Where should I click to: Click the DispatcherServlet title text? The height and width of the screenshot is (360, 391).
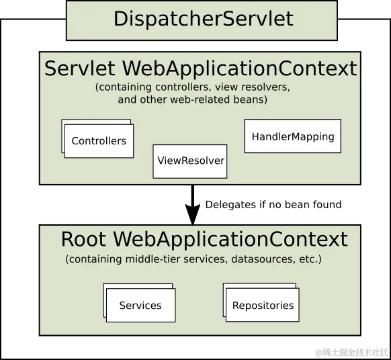pos(203,18)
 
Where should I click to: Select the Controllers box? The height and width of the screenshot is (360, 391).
pos(99,141)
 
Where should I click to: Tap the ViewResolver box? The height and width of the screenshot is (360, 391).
pos(190,161)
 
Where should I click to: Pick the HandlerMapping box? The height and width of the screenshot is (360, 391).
pos(292,136)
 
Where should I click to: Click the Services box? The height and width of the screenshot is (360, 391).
pos(140,306)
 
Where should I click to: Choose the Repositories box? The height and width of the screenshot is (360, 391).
pos(263,306)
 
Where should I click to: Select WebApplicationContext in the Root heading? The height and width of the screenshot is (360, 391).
pos(230,240)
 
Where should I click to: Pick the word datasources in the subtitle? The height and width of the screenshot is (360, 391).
pos(267,259)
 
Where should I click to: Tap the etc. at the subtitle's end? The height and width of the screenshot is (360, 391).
pos(310,259)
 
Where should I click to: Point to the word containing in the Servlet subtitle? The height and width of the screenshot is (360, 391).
pos(122,87)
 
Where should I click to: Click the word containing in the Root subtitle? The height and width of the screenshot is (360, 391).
pos(92,259)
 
